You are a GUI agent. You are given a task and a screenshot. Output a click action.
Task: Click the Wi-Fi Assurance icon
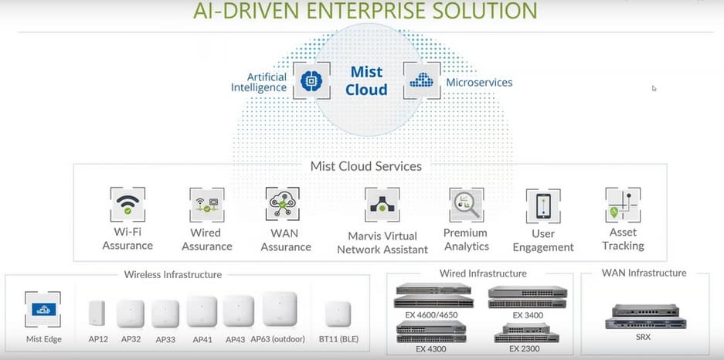tap(127, 204)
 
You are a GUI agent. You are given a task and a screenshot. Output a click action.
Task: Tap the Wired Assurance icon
tap(206, 205)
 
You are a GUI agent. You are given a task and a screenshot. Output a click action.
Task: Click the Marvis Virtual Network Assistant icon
tap(382, 205)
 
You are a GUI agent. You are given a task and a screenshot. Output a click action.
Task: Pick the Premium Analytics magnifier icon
tap(466, 205)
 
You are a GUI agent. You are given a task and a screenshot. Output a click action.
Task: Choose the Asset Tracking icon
tap(623, 205)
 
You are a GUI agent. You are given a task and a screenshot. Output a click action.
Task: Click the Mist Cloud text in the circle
tap(366, 81)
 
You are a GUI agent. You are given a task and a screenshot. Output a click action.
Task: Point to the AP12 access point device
tap(97, 312)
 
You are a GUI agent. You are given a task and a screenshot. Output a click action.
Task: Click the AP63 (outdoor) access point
tap(279, 309)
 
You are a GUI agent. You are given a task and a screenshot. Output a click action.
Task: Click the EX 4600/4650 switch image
tap(433, 297)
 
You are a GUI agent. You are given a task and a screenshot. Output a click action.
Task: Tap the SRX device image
tap(645, 316)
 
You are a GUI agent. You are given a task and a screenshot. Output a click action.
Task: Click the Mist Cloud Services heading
tap(366, 166)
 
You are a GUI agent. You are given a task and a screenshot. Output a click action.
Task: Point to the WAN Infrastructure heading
tap(644, 273)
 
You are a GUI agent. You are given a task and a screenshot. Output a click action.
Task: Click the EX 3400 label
tap(529, 315)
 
